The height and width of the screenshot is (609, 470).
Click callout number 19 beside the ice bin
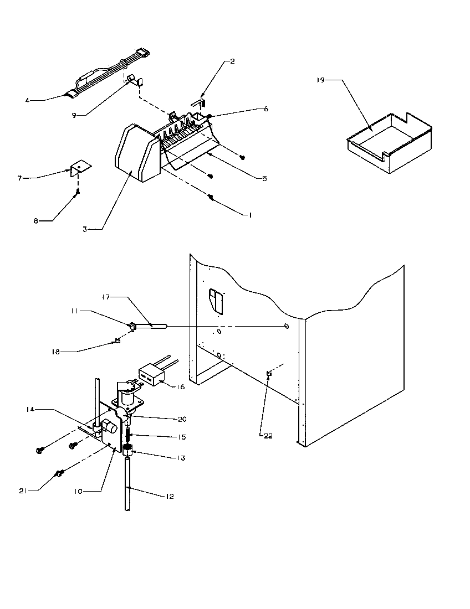[x=320, y=80]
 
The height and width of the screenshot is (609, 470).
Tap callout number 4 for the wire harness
[x=27, y=100]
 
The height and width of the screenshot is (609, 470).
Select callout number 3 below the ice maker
[x=85, y=229]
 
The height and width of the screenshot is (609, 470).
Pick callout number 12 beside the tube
[x=169, y=496]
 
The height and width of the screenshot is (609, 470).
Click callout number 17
[x=105, y=297]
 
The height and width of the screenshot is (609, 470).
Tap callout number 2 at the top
[x=232, y=61]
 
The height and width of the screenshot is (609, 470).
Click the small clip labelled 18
[x=117, y=340]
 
